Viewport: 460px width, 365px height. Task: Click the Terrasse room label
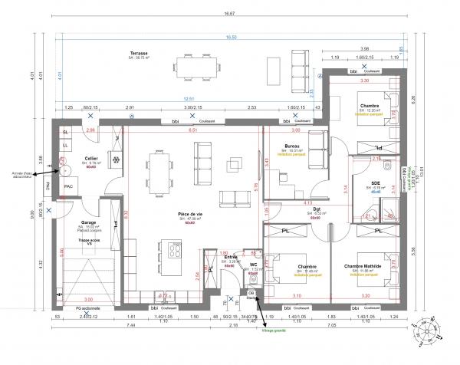pos(139,53)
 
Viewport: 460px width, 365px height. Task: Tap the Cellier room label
pos(91,159)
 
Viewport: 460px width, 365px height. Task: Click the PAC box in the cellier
pos(68,186)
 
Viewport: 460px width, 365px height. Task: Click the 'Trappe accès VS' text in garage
pos(89,242)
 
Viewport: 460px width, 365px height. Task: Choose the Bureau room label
pos(292,146)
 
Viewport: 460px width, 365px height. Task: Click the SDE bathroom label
pos(376,183)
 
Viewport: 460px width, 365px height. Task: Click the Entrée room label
pos(230,257)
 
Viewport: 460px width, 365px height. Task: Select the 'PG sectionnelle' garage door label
pos(88,307)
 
